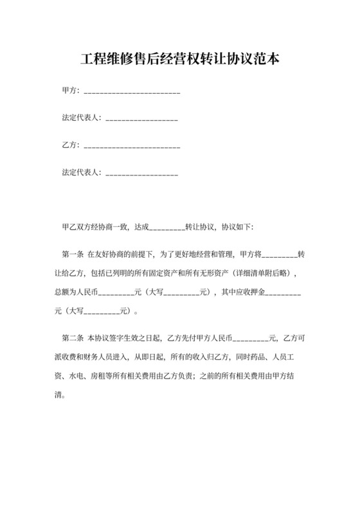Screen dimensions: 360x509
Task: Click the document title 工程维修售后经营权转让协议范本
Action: pyautogui.click(x=180, y=60)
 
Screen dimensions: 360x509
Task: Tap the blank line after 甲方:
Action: pyautogui.click(x=132, y=91)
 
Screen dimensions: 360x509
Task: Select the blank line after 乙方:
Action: pyautogui.click(x=132, y=146)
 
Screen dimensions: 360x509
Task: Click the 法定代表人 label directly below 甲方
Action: pyautogui.click(x=80, y=118)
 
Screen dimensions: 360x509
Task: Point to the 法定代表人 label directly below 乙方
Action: pyautogui.click(x=80, y=173)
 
